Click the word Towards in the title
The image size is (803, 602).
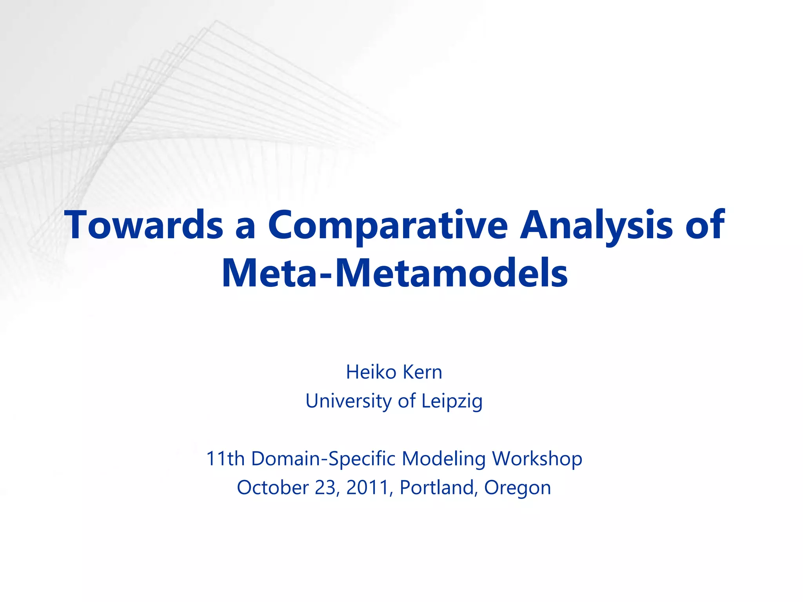[144, 225]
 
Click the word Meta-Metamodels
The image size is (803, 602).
[394, 273]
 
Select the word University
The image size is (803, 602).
[349, 401]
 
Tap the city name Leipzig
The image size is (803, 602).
[452, 401]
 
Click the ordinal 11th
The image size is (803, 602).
[225, 459]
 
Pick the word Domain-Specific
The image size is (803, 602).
[323, 459]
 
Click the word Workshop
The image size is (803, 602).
[537, 459]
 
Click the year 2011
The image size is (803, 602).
[367, 488]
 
